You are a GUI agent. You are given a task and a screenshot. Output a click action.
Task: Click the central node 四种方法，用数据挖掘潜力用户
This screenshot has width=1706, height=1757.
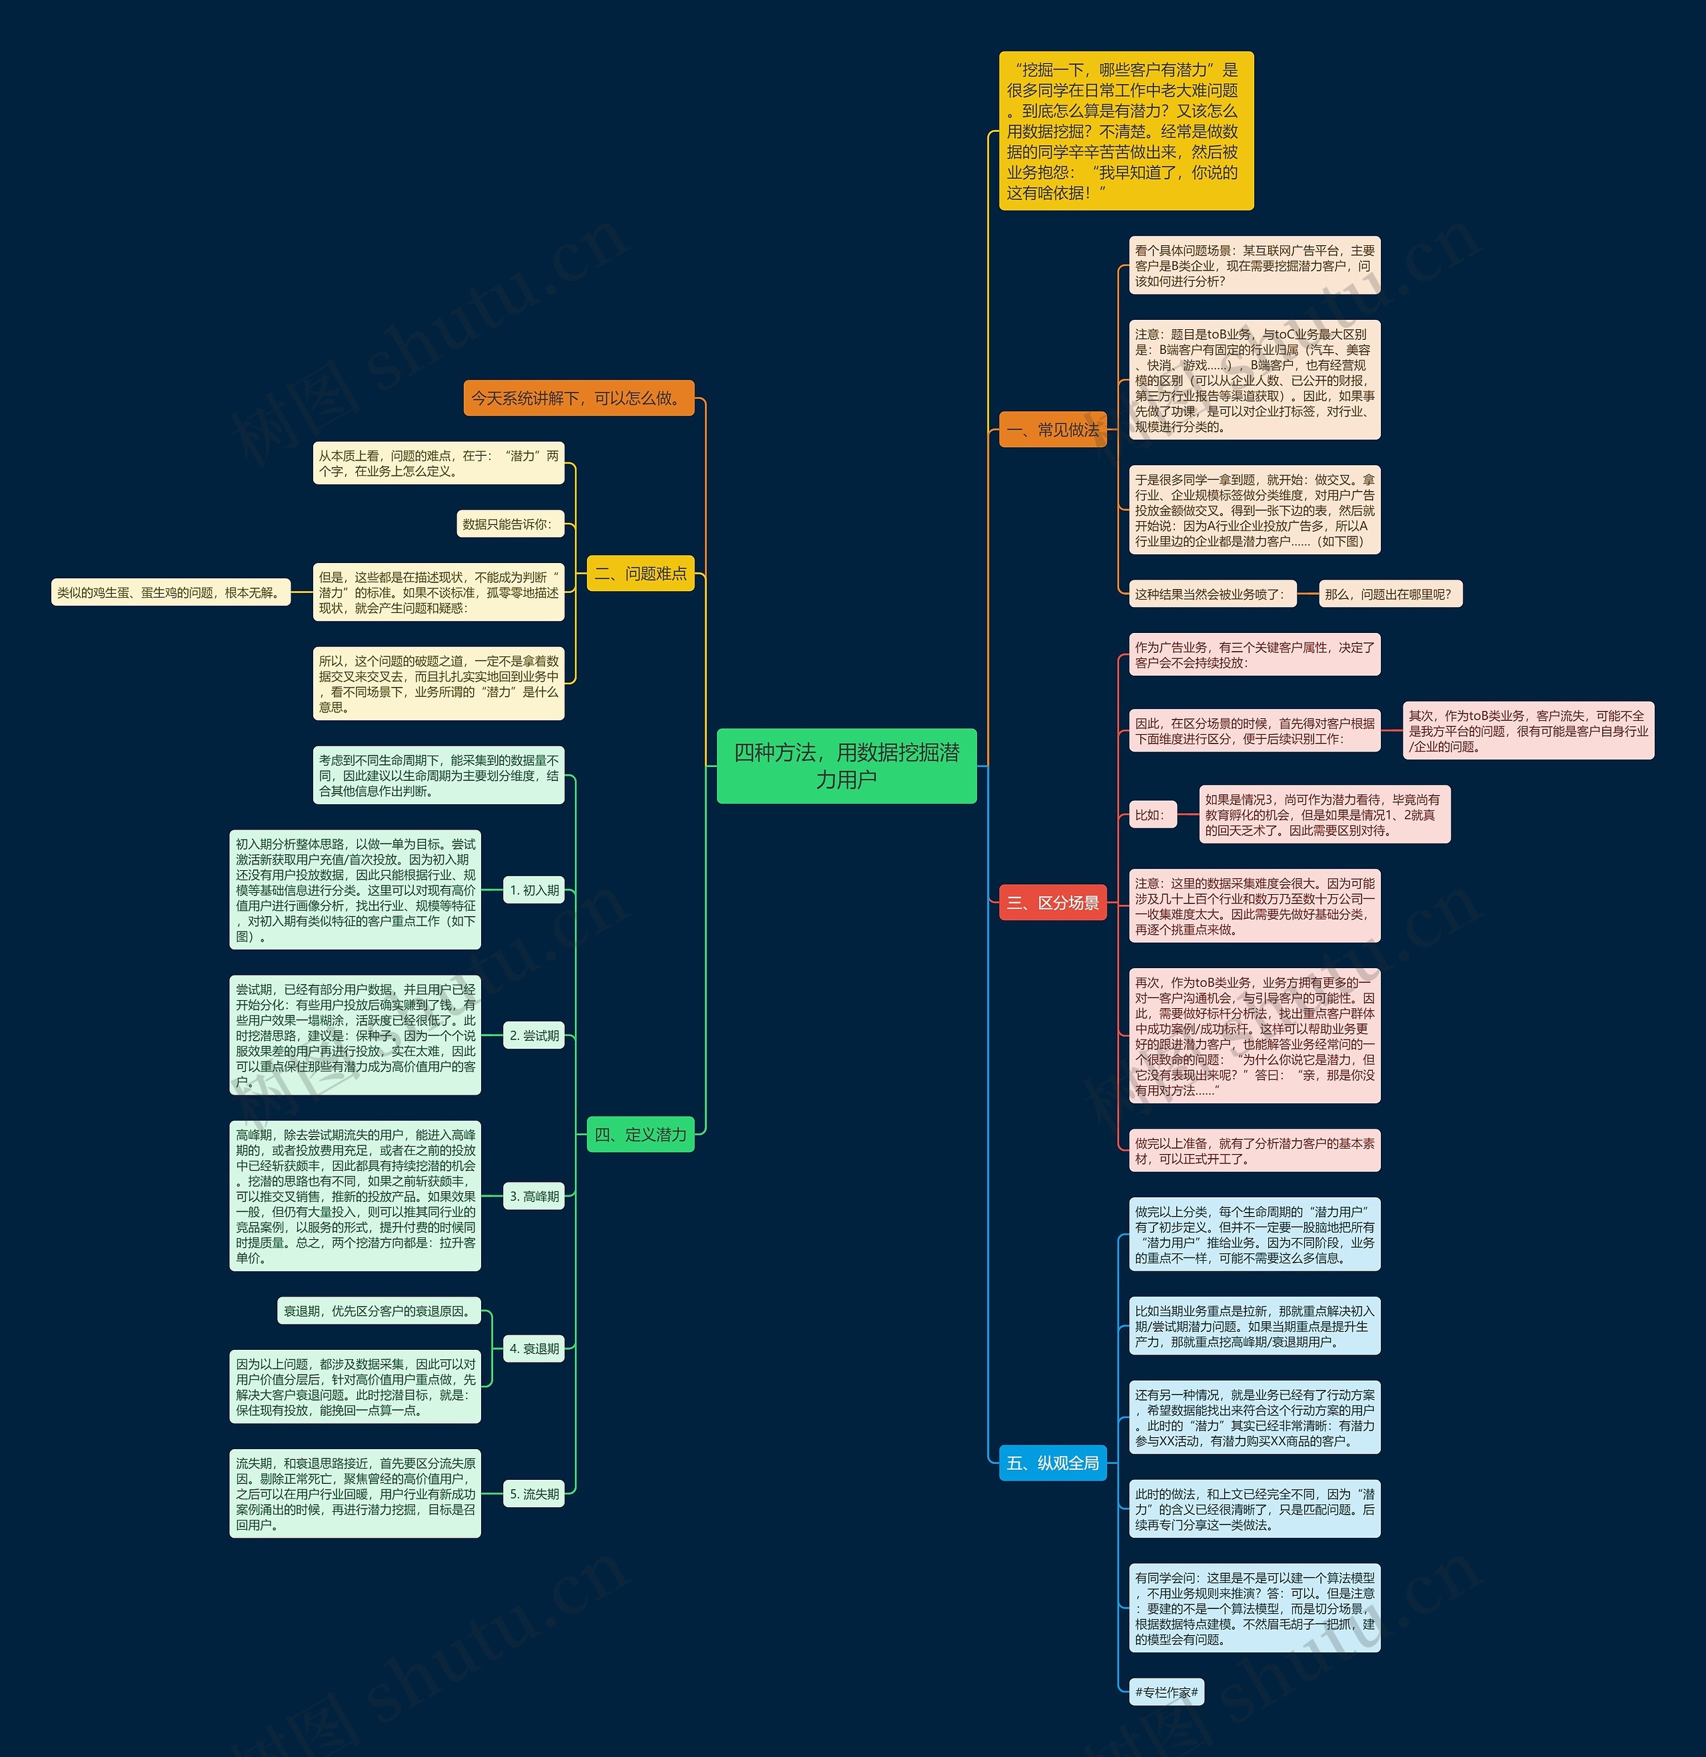pos(846,766)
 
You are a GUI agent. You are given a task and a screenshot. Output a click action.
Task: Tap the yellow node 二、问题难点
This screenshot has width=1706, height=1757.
pos(640,574)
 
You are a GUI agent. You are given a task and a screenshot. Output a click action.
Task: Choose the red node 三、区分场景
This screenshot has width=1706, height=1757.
pos(1052,903)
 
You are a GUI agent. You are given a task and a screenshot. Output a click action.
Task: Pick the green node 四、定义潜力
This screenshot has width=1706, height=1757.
pos(640,1135)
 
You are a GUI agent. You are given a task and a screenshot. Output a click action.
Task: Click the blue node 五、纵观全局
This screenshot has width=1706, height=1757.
pos(1052,1463)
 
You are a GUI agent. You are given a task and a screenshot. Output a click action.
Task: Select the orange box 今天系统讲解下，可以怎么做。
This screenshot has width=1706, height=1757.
pos(579,398)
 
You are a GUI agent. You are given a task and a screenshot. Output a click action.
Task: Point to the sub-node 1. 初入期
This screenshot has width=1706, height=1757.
pos(534,890)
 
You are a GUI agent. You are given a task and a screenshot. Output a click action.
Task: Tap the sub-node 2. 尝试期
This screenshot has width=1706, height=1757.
pos(534,1035)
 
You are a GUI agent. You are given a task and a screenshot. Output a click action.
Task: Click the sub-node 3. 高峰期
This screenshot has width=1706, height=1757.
pos(534,1196)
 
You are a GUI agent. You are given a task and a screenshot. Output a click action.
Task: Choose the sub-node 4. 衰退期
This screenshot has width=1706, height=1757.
pos(534,1348)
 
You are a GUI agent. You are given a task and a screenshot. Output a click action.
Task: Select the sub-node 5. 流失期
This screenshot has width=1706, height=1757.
pos(534,1493)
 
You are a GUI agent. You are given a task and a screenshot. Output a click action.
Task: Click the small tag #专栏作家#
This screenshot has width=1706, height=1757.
pos(1166,1692)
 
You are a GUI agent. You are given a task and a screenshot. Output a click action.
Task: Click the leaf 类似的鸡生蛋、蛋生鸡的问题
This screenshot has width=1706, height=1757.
pos(171,592)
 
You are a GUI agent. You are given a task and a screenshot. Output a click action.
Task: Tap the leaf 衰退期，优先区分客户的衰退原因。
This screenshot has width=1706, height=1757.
pos(379,1311)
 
